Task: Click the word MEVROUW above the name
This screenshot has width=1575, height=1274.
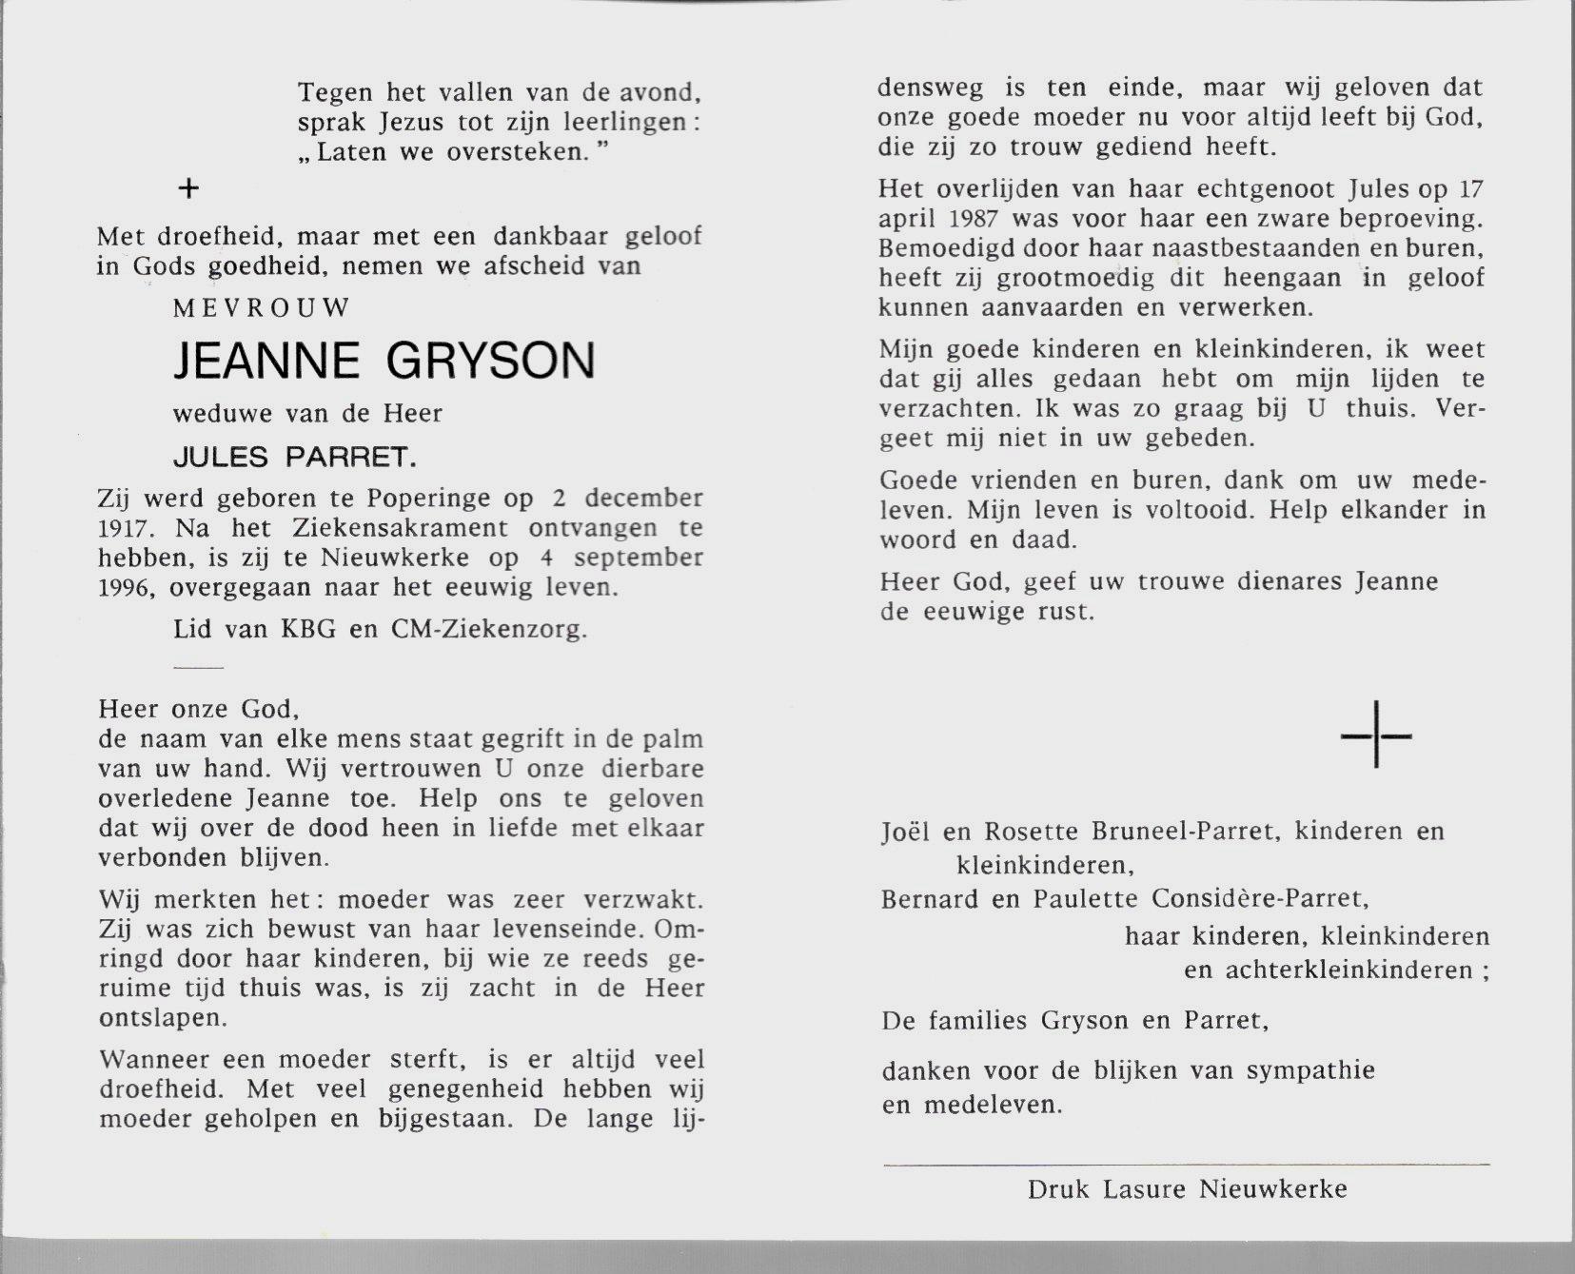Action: click(263, 308)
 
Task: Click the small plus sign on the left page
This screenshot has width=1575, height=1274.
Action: click(189, 189)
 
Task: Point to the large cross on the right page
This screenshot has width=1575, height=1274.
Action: click(1376, 735)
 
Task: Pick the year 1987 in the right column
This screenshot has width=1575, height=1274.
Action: click(973, 219)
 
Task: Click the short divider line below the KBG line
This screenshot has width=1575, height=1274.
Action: click(199, 668)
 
